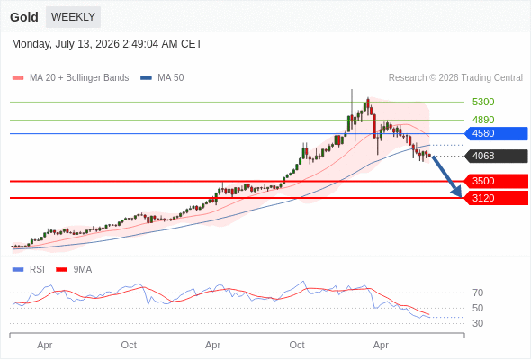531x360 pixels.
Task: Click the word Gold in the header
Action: pos(24,17)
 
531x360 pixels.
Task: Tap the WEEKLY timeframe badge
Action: pos(73,17)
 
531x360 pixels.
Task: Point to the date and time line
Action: pos(107,44)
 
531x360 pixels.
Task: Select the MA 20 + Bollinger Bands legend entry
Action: pos(70,78)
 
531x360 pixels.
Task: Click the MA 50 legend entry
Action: pos(162,78)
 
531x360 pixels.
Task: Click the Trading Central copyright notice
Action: pos(455,78)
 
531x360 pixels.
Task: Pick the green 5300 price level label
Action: pos(483,102)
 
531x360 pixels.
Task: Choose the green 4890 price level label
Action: pos(483,120)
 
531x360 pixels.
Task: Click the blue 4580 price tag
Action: pos(496,133)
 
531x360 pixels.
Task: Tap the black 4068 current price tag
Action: pos(496,156)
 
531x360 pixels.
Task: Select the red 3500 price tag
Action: pos(496,181)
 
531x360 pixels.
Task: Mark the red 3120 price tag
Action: pos(496,198)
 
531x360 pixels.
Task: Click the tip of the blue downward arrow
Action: pos(461,197)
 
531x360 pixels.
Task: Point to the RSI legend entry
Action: pos(29,270)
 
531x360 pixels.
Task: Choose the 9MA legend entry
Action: pos(74,270)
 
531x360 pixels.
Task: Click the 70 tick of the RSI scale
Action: pos(478,292)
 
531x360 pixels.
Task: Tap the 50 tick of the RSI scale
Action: pos(478,308)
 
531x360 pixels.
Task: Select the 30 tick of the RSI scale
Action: pos(478,323)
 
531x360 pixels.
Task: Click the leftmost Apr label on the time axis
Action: pos(45,345)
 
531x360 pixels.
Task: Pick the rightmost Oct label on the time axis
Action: pos(297,345)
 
